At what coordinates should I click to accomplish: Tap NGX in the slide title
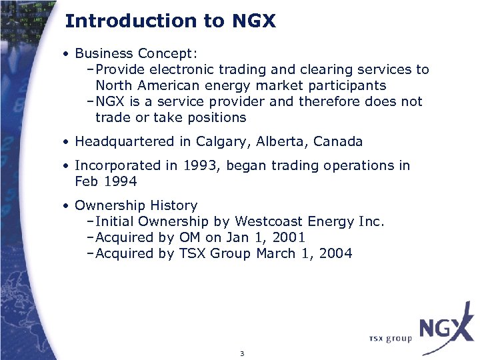click(x=253, y=21)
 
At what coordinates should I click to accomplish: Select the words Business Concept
click(x=136, y=53)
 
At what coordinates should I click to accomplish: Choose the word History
click(x=174, y=205)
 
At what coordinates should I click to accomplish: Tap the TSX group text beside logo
click(x=391, y=339)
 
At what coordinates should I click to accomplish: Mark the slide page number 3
click(x=242, y=353)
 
